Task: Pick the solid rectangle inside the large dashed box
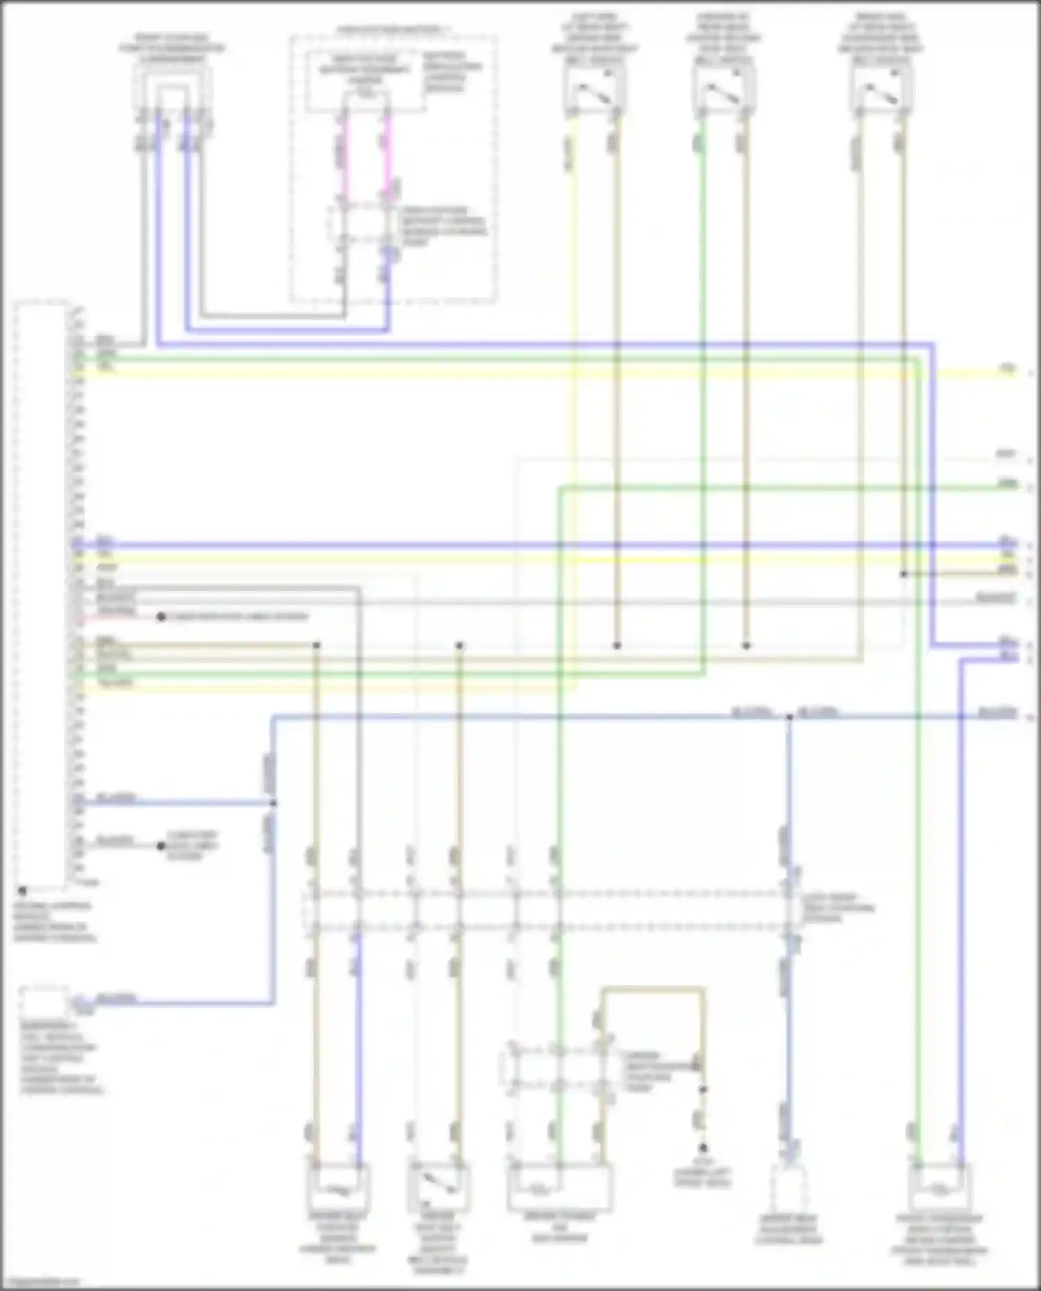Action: pyautogui.click(x=366, y=81)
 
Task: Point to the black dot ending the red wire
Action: pyautogui.click(x=161, y=617)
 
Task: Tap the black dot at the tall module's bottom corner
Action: pyautogui.click(x=22, y=890)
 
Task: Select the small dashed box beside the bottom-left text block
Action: pyautogui.click(x=43, y=1003)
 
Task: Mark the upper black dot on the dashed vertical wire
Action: pyautogui.click(x=702, y=1090)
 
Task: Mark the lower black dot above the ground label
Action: pyautogui.click(x=702, y=1148)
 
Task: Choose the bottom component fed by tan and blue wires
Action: pyautogui.click(x=337, y=1187)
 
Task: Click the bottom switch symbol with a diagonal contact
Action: pyautogui.click(x=439, y=1187)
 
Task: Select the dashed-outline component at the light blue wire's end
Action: pyautogui.click(x=788, y=1188)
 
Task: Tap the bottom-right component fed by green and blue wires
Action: pyautogui.click(x=940, y=1187)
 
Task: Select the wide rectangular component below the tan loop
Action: pyautogui.click(x=559, y=1187)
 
